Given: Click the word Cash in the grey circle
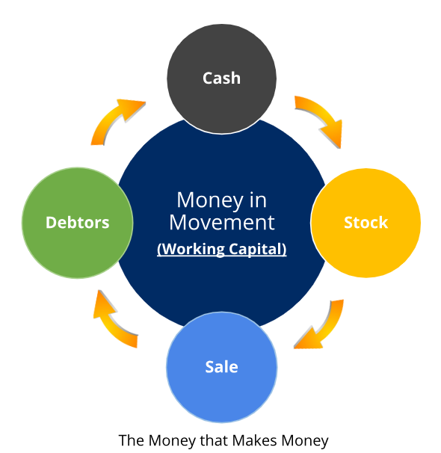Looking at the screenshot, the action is pyautogui.click(x=221, y=78).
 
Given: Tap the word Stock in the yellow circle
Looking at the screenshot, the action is pyautogui.click(x=366, y=223).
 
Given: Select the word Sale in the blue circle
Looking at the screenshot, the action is pyautogui.click(x=221, y=367).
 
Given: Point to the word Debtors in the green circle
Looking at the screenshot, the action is pyautogui.click(x=78, y=223).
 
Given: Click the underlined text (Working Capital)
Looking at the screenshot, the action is pyautogui.click(x=221, y=249).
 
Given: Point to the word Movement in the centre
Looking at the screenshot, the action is pyautogui.click(x=221, y=223).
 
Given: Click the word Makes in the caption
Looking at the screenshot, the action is pyautogui.click(x=254, y=440).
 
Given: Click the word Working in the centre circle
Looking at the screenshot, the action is pyautogui.click(x=191, y=249).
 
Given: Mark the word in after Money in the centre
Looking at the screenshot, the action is pyautogui.click(x=258, y=200).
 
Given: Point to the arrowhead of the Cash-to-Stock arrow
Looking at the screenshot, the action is pyautogui.click(x=333, y=134).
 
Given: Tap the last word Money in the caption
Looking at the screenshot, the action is pyautogui.click(x=305, y=442).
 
